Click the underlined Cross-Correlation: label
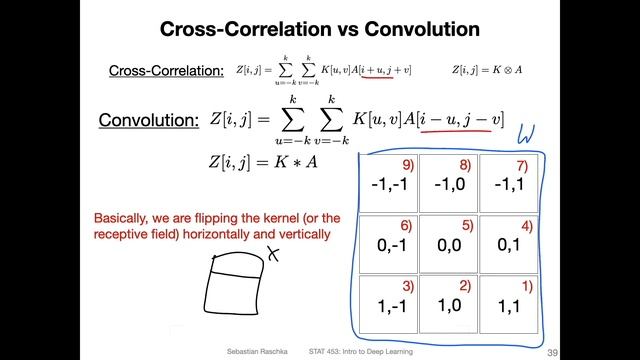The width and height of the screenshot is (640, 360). [167, 71]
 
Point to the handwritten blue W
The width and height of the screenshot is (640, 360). [526, 133]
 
